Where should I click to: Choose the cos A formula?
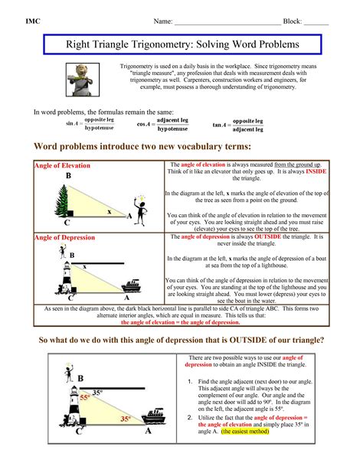pyautogui.click(x=164, y=125)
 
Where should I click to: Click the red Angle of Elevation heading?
pyautogui.click(x=62, y=165)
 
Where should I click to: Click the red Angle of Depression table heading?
pyautogui.click(x=64, y=237)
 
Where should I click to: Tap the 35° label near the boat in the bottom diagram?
pyautogui.click(x=125, y=419)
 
